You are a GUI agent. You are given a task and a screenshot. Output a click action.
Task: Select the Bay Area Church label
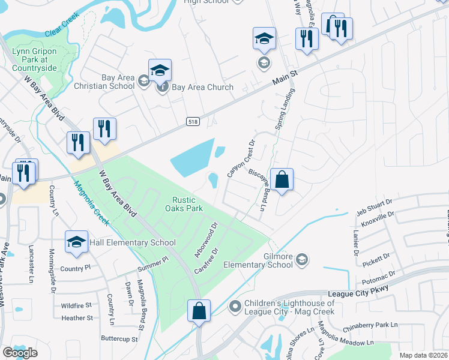pos(202,87)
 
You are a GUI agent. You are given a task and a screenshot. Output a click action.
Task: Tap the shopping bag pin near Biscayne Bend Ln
pos(282,179)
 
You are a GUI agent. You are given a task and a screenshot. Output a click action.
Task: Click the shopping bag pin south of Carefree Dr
pos(199,311)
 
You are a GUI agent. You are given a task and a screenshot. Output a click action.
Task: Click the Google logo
pos(20,353)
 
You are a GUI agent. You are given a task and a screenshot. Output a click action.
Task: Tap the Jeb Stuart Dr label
pos(374,208)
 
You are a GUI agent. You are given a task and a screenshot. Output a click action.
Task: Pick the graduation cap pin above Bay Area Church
pos(160,70)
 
